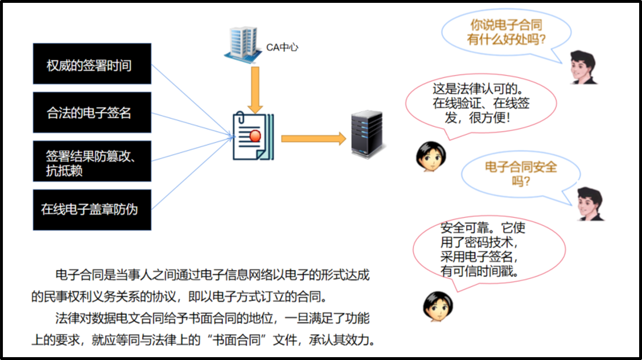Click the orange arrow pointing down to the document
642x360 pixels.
coord(255,88)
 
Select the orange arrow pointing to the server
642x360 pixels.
coord(314,138)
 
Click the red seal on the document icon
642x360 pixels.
coord(255,135)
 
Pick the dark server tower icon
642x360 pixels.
coord(365,135)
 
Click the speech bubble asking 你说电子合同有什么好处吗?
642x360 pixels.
coord(506,32)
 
